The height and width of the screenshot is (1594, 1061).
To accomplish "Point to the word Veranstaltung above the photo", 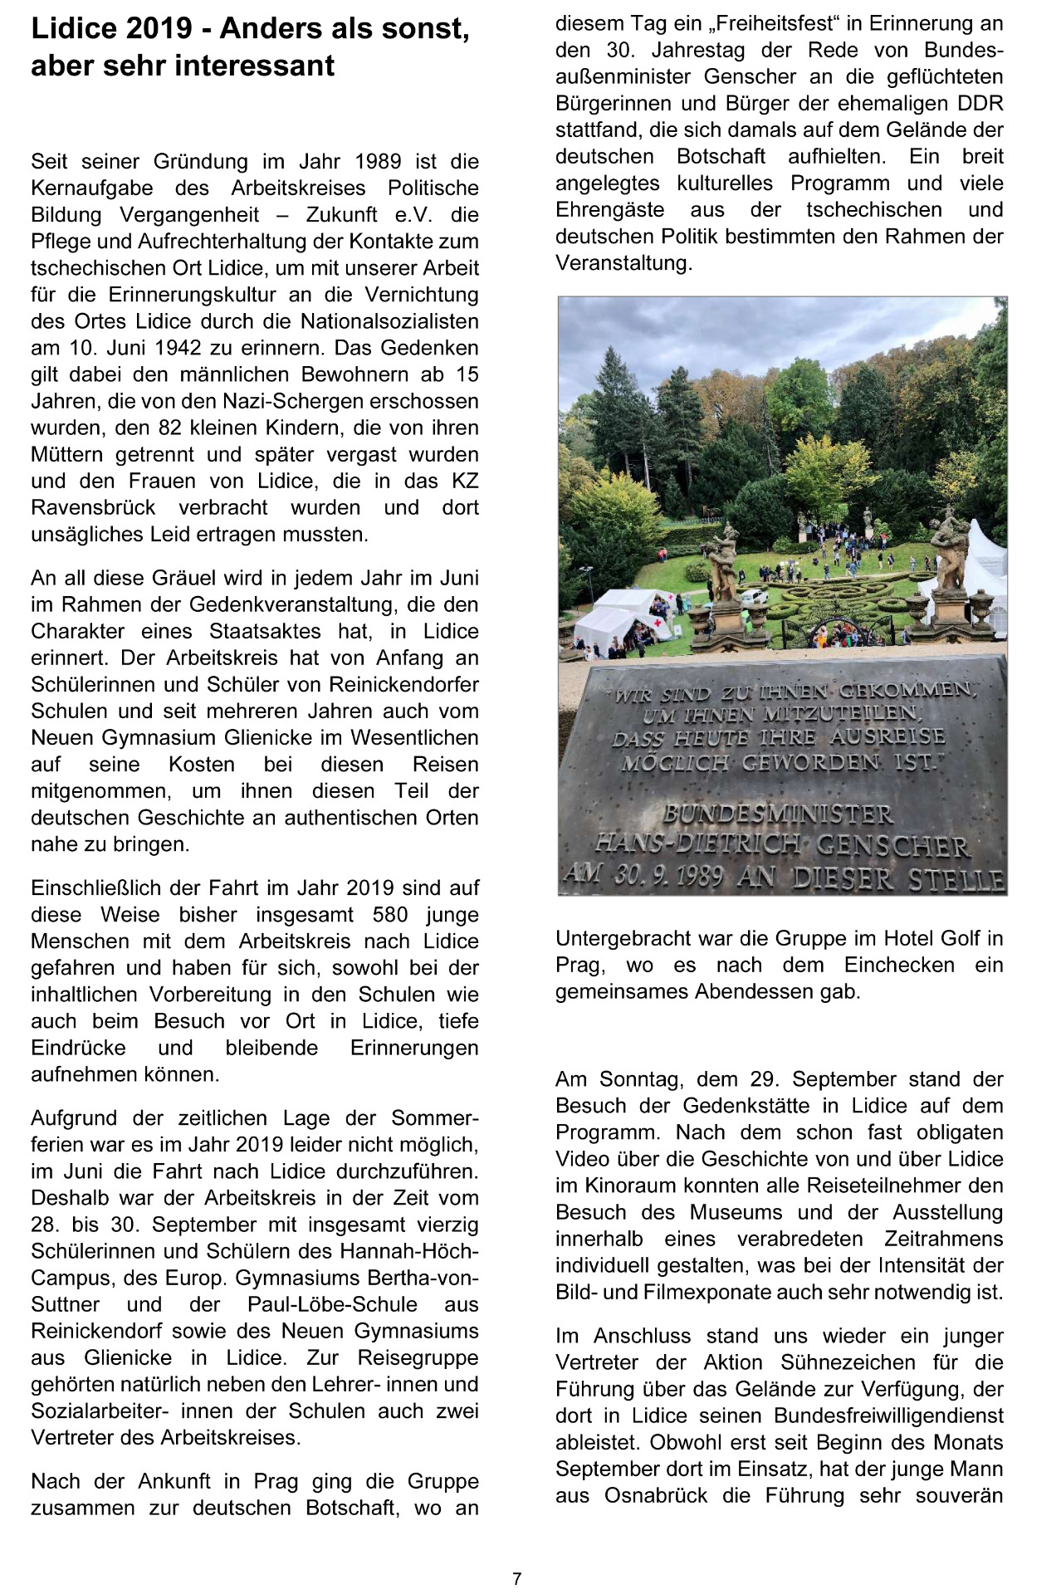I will [x=623, y=263].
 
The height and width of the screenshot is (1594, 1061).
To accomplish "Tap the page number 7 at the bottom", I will [x=517, y=1578].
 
